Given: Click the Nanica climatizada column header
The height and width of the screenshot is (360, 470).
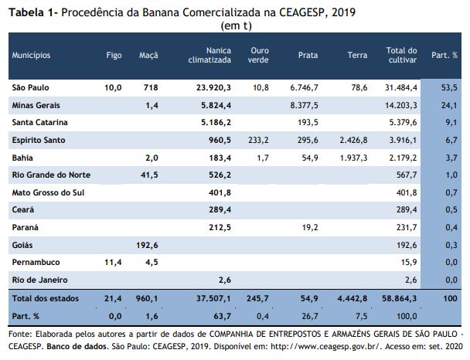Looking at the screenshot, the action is pyautogui.click(x=209, y=55).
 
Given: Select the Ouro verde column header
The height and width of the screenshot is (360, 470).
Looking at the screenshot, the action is pyautogui.click(x=258, y=55).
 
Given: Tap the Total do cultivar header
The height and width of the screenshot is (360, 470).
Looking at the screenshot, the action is pyautogui.click(x=401, y=55).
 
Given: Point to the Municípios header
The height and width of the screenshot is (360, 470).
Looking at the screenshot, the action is pyautogui.click(x=31, y=55).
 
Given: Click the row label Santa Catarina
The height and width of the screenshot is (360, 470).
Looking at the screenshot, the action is pyautogui.click(x=40, y=122).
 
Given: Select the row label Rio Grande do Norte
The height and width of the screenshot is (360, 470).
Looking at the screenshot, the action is pyautogui.click(x=51, y=175).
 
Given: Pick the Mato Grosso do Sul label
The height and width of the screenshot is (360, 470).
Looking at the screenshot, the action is pyautogui.click(x=48, y=192).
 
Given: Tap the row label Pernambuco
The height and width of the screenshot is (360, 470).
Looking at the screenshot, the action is pyautogui.click(x=36, y=262).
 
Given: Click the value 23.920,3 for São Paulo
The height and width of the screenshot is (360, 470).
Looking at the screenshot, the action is pyautogui.click(x=213, y=87).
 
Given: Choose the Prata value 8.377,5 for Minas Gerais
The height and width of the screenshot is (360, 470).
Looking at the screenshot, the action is pyautogui.click(x=304, y=105).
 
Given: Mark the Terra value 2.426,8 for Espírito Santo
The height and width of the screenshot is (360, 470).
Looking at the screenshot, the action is pyautogui.click(x=353, y=140).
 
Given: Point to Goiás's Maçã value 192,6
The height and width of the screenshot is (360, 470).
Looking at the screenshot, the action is pyautogui.click(x=147, y=245).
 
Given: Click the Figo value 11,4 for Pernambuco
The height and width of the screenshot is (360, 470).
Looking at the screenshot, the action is pyautogui.click(x=113, y=262).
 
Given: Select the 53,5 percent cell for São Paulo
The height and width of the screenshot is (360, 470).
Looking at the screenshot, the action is pyautogui.click(x=449, y=87).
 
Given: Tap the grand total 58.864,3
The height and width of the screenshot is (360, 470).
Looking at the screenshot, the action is pyautogui.click(x=399, y=298).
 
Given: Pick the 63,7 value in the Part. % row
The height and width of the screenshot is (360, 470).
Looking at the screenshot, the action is pyautogui.click(x=223, y=316).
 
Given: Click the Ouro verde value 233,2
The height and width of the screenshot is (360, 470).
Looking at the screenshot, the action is pyautogui.click(x=258, y=140).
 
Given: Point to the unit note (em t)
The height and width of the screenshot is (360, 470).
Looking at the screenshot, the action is pyautogui.click(x=237, y=25).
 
